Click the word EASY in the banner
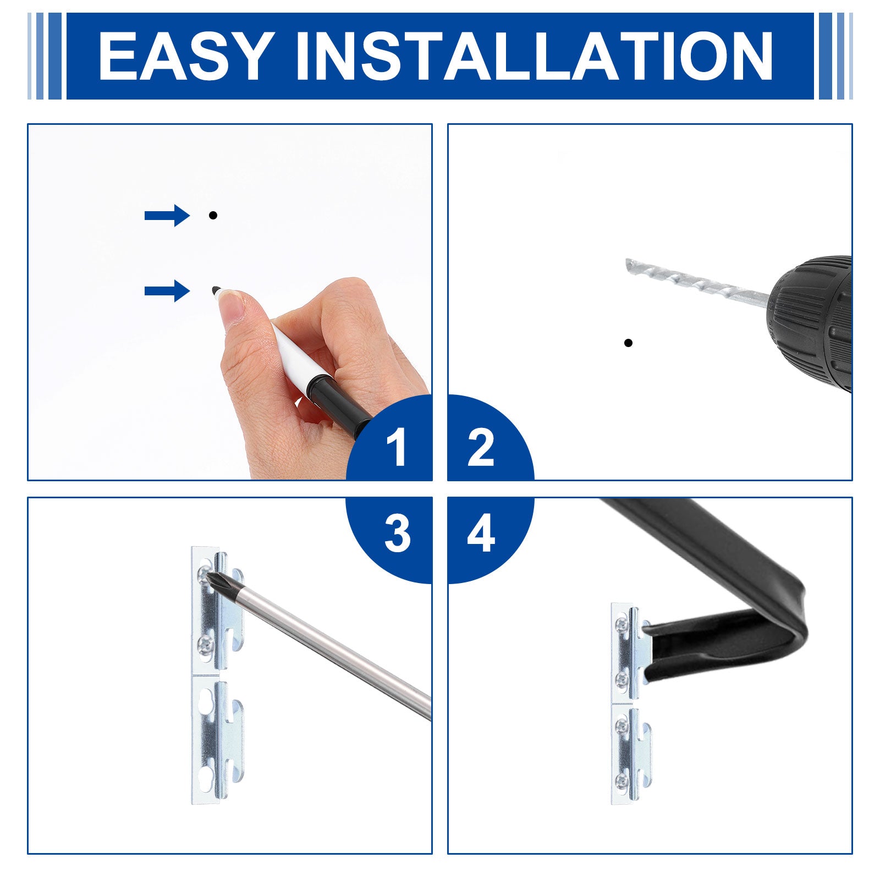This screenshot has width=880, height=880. tap(186, 56)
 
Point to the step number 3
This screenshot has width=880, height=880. tap(397, 533)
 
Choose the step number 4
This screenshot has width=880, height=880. tap(481, 533)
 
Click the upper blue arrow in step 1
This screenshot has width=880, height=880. tap(167, 215)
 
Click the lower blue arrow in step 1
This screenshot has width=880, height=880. tap(167, 290)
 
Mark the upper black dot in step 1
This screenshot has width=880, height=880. tap(213, 215)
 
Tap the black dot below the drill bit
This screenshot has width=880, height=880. tap(628, 343)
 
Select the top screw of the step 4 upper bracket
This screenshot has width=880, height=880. tap(622, 623)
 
